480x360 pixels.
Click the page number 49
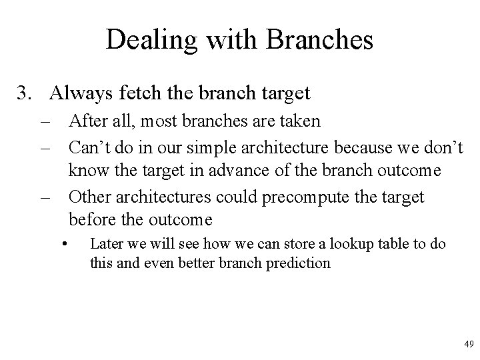pos(467,344)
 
